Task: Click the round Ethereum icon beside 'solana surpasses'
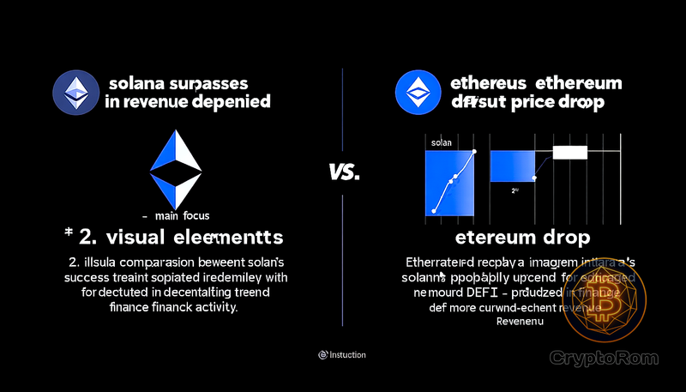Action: click(x=76, y=93)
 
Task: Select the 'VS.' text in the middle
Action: click(x=343, y=172)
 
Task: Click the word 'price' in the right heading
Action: click(x=535, y=101)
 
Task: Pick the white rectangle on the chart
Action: click(x=569, y=153)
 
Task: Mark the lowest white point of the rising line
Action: click(x=435, y=209)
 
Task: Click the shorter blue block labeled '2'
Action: click(x=511, y=166)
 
